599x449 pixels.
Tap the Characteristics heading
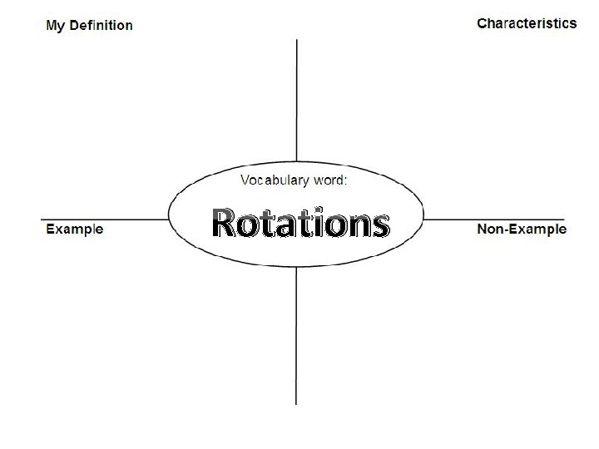pos(526,23)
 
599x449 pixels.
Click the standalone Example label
pos(75,229)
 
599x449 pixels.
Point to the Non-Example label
pos(522,229)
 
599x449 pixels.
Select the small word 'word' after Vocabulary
pos(329,180)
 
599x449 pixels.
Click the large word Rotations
pos(299,223)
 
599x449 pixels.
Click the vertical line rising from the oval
pos(297,100)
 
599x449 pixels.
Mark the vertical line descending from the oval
pos(297,341)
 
